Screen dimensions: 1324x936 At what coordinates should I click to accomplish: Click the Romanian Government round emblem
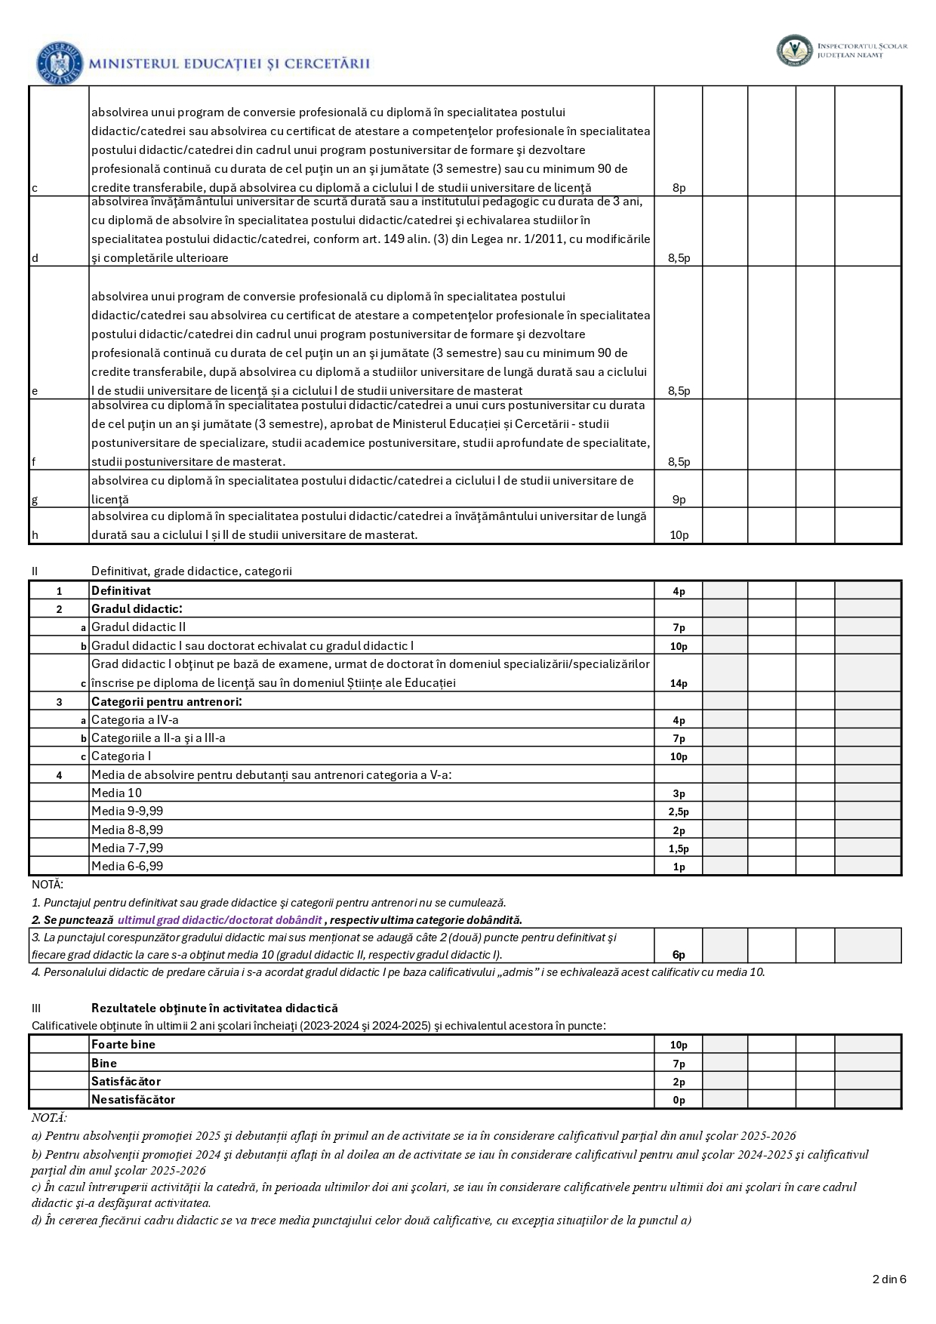(x=59, y=63)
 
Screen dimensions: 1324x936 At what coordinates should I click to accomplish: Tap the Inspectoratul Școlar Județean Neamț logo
(x=794, y=51)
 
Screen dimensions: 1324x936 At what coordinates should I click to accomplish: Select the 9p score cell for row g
(x=679, y=499)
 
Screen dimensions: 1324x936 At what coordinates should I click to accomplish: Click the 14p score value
(x=679, y=683)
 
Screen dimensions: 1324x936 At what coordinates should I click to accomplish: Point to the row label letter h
(x=35, y=535)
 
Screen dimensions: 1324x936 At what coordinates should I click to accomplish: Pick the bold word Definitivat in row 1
(x=121, y=591)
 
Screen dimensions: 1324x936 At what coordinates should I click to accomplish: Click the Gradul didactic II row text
(x=138, y=627)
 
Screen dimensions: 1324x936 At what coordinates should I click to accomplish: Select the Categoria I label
(x=121, y=756)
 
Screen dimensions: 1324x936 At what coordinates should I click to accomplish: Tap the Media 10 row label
(x=116, y=793)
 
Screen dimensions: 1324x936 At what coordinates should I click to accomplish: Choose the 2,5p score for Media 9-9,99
(x=679, y=811)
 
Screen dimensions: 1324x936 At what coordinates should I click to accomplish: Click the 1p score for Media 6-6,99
(x=679, y=867)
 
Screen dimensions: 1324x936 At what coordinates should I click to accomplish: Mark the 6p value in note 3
(x=679, y=955)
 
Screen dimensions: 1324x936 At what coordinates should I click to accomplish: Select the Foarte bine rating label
(x=123, y=1045)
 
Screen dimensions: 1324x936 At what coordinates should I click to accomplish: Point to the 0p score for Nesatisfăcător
(x=679, y=1100)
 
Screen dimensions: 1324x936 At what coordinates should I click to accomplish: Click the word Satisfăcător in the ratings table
(x=126, y=1081)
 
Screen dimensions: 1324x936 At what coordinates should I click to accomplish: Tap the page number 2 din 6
(x=888, y=1279)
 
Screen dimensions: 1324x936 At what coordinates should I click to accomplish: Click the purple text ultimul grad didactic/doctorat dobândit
(x=220, y=920)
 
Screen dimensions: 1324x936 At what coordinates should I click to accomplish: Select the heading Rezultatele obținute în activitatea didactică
(x=214, y=1008)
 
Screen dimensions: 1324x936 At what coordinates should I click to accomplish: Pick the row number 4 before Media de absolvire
(x=59, y=774)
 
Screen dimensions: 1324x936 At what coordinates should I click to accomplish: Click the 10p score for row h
(x=679, y=535)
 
